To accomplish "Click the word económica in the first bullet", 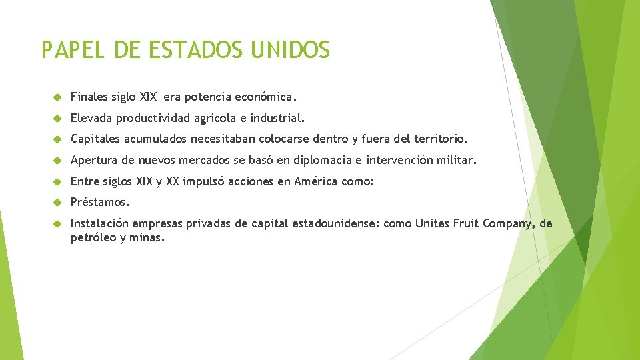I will pyautogui.click(x=267, y=97).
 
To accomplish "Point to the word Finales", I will pyautogui.click(x=89, y=97).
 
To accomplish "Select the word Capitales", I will pyautogui.click(x=95, y=140).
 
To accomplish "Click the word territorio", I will pyautogui.click(x=440, y=140).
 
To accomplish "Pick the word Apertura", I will pyautogui.click(x=93, y=161).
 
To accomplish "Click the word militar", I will pyautogui.click(x=457, y=161).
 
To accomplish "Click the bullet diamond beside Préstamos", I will pyautogui.click(x=57, y=202).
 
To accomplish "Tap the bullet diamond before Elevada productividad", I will pyautogui.click(x=57, y=119).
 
